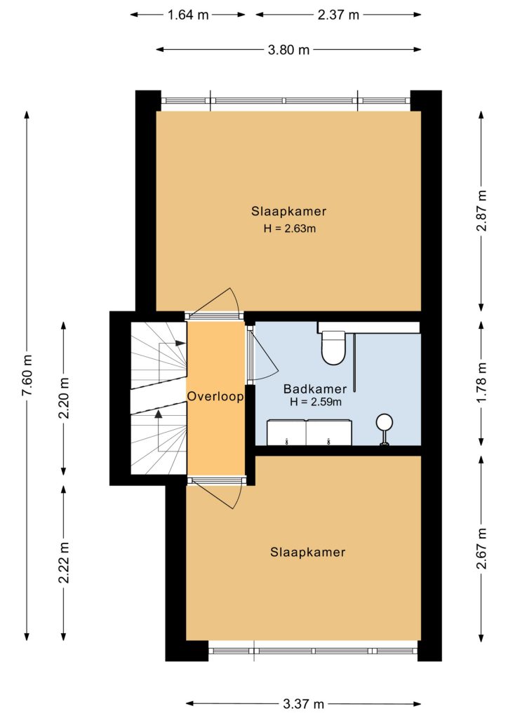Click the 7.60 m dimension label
pyautogui.click(x=27, y=376)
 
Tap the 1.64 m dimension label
pyautogui.click(x=188, y=15)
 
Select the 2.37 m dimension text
pyautogui.click(x=338, y=15)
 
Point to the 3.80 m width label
pyautogui.click(x=288, y=50)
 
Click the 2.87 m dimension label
pyautogui.click(x=481, y=210)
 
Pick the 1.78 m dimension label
pyautogui.click(x=481, y=382)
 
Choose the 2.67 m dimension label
pyautogui.click(x=481, y=548)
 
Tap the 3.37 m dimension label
pyautogui.click(x=303, y=703)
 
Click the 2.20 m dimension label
pyautogui.click(x=64, y=398)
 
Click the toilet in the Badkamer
pyautogui.click(x=333, y=347)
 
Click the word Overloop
pyautogui.click(x=215, y=397)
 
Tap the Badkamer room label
pyautogui.click(x=315, y=389)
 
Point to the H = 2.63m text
pyautogui.click(x=290, y=228)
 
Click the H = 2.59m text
pyautogui.click(x=316, y=402)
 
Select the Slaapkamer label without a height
pyautogui.click(x=307, y=553)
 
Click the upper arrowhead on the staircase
pyautogui.click(x=180, y=343)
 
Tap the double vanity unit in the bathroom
pyautogui.click(x=309, y=432)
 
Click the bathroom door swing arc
pyautogui.click(x=271, y=353)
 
